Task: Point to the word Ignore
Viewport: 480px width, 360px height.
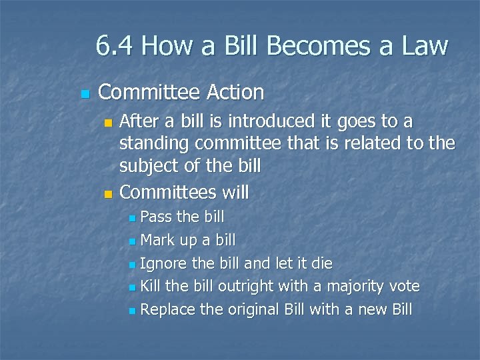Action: [x=164, y=263]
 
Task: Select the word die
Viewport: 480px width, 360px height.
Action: [x=321, y=263]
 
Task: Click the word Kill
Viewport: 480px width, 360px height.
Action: [x=151, y=287]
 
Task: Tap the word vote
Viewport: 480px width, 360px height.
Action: [x=403, y=287]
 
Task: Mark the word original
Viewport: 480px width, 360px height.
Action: [x=254, y=310]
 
